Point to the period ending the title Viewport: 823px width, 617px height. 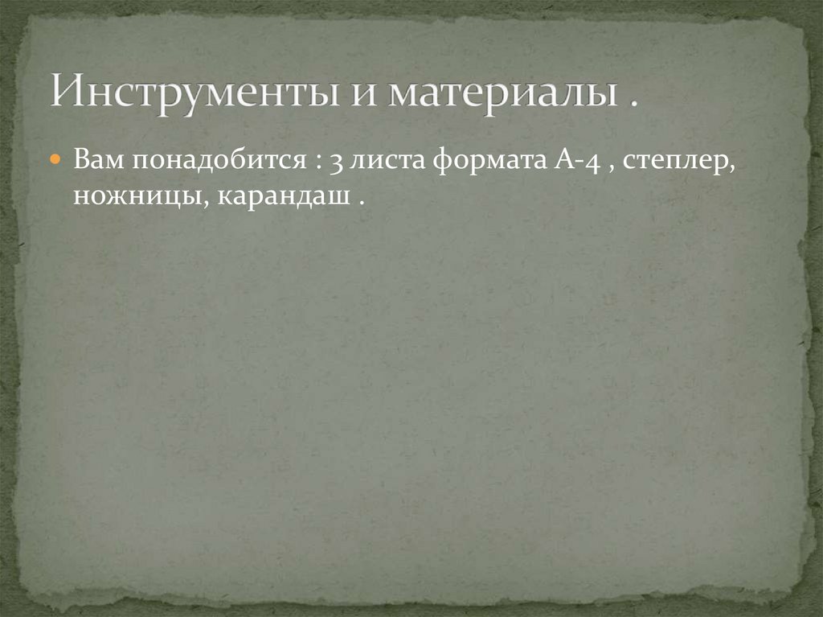pyautogui.click(x=634, y=104)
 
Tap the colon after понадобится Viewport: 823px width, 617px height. pyautogui.click(x=319, y=162)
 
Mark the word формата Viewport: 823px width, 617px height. pyautogui.click(x=491, y=160)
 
